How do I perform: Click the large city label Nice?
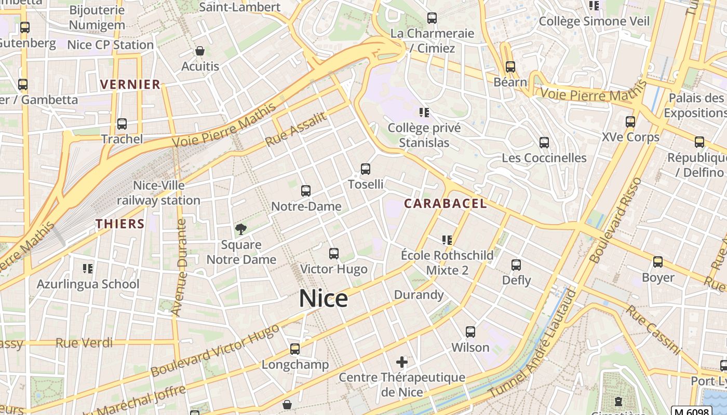pyautogui.click(x=323, y=299)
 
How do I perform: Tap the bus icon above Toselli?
pyautogui.click(x=366, y=169)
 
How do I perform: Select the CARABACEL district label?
pyautogui.click(x=446, y=203)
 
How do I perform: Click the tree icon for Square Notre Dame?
pyautogui.click(x=240, y=229)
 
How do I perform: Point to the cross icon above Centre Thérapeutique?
pyautogui.click(x=402, y=362)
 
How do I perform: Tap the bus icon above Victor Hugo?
pyautogui.click(x=334, y=254)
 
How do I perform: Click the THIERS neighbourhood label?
pyautogui.click(x=120, y=224)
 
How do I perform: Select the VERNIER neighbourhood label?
pyautogui.click(x=130, y=85)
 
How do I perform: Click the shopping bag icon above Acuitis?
pyautogui.click(x=200, y=51)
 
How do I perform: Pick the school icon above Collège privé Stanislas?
pyautogui.click(x=424, y=112)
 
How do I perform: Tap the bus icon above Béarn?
pyautogui.click(x=510, y=67)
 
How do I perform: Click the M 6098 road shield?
pyautogui.click(x=691, y=412)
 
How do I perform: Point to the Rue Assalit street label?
pyautogui.click(x=297, y=129)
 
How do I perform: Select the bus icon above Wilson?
pyautogui.click(x=470, y=331)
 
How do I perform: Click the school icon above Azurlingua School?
pyautogui.click(x=88, y=268)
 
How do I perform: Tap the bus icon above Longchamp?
pyautogui.click(x=295, y=349)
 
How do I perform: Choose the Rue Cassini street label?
pyautogui.click(x=652, y=330)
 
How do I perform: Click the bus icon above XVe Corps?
pyautogui.click(x=630, y=122)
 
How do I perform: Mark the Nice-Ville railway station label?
pyautogui.click(x=158, y=193)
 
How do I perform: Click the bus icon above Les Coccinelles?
pyautogui.click(x=544, y=142)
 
